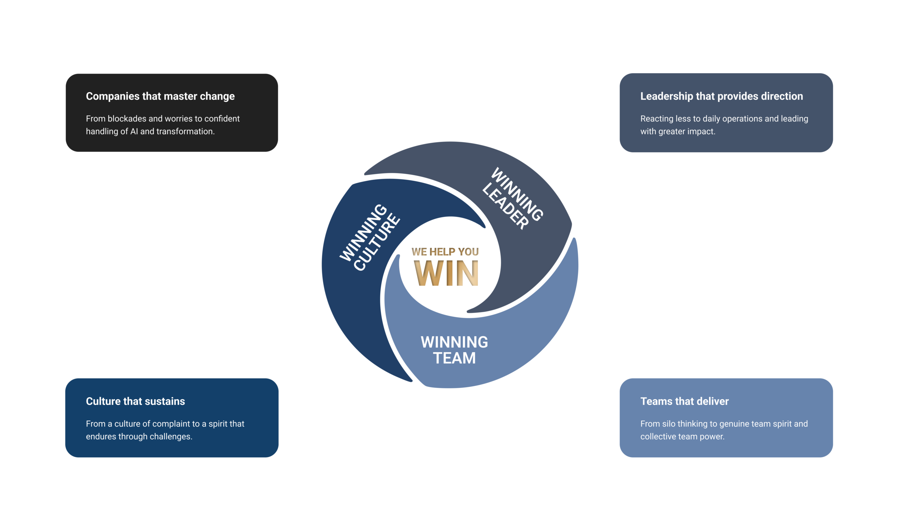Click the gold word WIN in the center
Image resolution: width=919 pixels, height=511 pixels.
[x=446, y=273]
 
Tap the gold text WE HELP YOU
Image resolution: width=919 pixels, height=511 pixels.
[x=445, y=252]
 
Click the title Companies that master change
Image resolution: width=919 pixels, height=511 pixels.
[x=160, y=96]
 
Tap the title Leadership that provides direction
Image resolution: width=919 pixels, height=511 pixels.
[x=721, y=96]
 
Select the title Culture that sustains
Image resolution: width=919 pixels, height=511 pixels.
[x=135, y=401]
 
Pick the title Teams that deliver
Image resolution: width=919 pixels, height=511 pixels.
[x=684, y=401]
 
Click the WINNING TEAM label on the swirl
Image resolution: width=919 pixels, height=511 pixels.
[x=454, y=350]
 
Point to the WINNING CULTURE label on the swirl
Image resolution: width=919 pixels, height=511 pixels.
[x=370, y=237]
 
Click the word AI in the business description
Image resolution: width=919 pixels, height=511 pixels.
[x=134, y=131]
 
